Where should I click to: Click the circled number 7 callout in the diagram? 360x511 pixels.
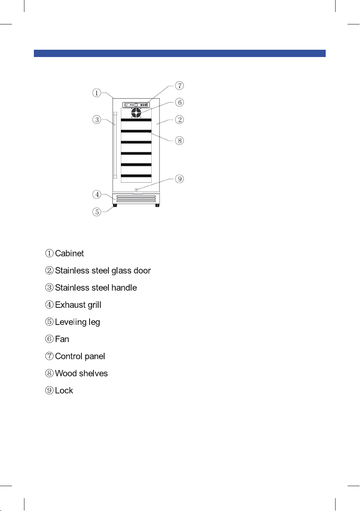[x=180, y=86]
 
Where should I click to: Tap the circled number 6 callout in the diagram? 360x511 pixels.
[x=180, y=102]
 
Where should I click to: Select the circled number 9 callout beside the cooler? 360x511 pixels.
[x=180, y=178]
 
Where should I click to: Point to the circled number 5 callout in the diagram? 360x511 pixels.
[x=98, y=212]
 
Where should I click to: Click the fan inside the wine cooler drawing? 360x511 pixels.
[x=136, y=113]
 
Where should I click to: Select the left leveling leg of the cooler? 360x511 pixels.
[x=115, y=206]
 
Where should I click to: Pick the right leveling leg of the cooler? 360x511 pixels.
[x=157, y=206]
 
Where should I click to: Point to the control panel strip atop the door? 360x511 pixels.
[x=136, y=104]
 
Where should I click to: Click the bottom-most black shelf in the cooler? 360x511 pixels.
[x=136, y=176]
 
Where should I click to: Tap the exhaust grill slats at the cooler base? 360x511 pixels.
[x=136, y=198]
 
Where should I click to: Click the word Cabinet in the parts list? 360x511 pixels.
[x=69, y=253]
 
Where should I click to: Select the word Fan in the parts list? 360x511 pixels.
[x=62, y=339]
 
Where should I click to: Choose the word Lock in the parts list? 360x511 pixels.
[x=64, y=391]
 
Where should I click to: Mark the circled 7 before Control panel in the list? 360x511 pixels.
[x=50, y=356]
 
